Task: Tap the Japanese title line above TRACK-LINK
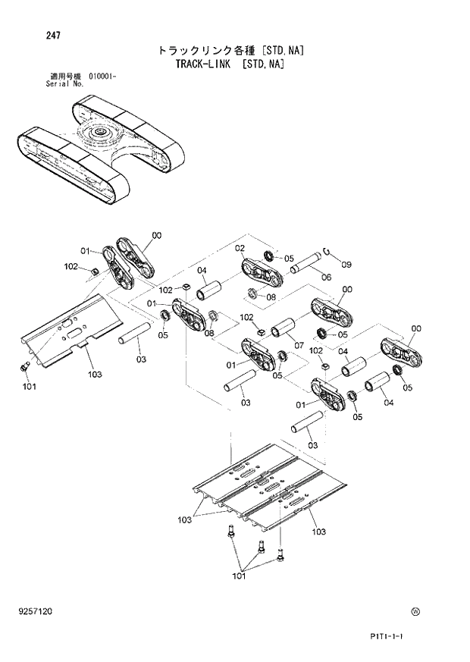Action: pyautogui.click(x=230, y=51)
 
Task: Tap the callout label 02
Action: pyautogui.click(x=240, y=248)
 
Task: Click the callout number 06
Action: pyautogui.click(x=326, y=278)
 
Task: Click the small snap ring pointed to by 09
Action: pyautogui.click(x=325, y=252)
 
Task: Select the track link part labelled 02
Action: pyautogui.click(x=262, y=275)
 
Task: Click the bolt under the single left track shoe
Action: pyautogui.click(x=23, y=367)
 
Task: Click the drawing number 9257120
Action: pyautogui.click(x=37, y=611)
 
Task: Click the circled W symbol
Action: pyautogui.click(x=415, y=612)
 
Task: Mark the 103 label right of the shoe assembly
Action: pyautogui.click(x=319, y=532)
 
